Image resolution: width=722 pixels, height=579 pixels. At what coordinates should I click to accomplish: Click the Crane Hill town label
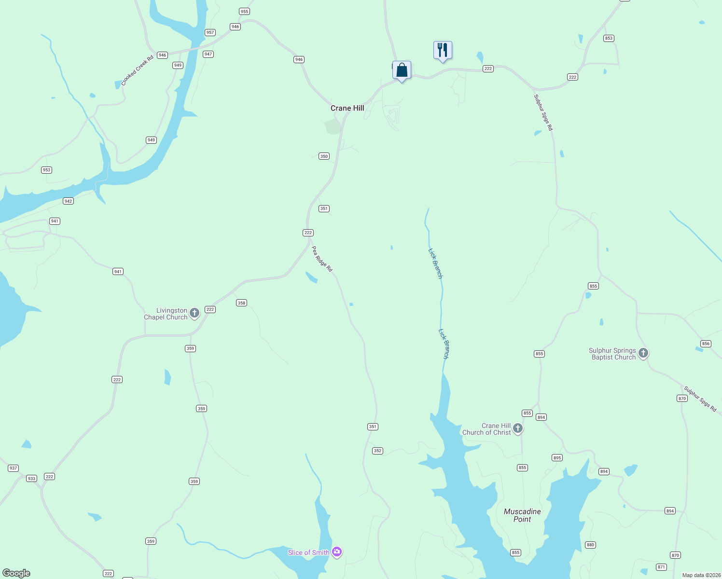coord(347,108)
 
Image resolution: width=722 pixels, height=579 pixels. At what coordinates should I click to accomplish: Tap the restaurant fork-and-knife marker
coord(443,50)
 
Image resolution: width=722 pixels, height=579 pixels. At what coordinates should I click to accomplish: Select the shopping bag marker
coord(402,70)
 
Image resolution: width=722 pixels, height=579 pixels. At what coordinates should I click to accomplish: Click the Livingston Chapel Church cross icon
coord(194,314)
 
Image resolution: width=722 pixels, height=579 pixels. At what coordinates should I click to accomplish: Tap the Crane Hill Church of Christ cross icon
coord(518,428)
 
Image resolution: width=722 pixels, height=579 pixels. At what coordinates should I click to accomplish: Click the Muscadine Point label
coord(522,515)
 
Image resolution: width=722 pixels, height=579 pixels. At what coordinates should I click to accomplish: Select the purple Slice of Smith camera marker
coord(337,551)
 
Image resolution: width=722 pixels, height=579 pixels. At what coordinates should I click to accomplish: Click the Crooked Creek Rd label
coord(137,70)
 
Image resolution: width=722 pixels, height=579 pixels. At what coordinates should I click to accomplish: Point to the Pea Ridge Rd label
coord(322,259)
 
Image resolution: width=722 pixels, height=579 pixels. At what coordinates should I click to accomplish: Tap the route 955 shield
coord(244,12)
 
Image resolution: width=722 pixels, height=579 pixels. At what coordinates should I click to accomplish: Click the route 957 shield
coord(210,32)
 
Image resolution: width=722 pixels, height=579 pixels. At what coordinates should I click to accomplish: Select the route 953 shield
coord(46,170)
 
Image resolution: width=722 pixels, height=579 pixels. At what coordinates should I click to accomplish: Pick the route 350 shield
coord(324,156)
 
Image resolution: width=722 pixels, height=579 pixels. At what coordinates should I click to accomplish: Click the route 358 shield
coord(241,303)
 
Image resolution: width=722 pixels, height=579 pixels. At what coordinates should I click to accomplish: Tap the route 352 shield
coord(377,451)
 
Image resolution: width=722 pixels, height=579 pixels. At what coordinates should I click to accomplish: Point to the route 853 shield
coord(609,38)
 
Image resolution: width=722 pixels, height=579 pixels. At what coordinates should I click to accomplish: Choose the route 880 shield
coord(590,545)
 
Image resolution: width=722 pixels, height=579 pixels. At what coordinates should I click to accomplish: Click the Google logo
coord(16,573)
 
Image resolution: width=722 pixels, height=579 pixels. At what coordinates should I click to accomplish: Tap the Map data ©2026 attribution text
coord(701,575)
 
